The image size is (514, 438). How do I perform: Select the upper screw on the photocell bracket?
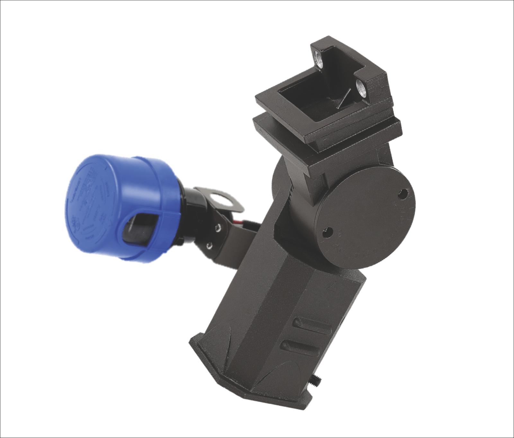tap(218, 228)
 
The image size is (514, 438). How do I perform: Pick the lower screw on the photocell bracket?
tap(209, 246)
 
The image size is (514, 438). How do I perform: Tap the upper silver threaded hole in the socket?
tap(319, 59)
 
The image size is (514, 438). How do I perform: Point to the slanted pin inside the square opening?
tap(341, 99)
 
